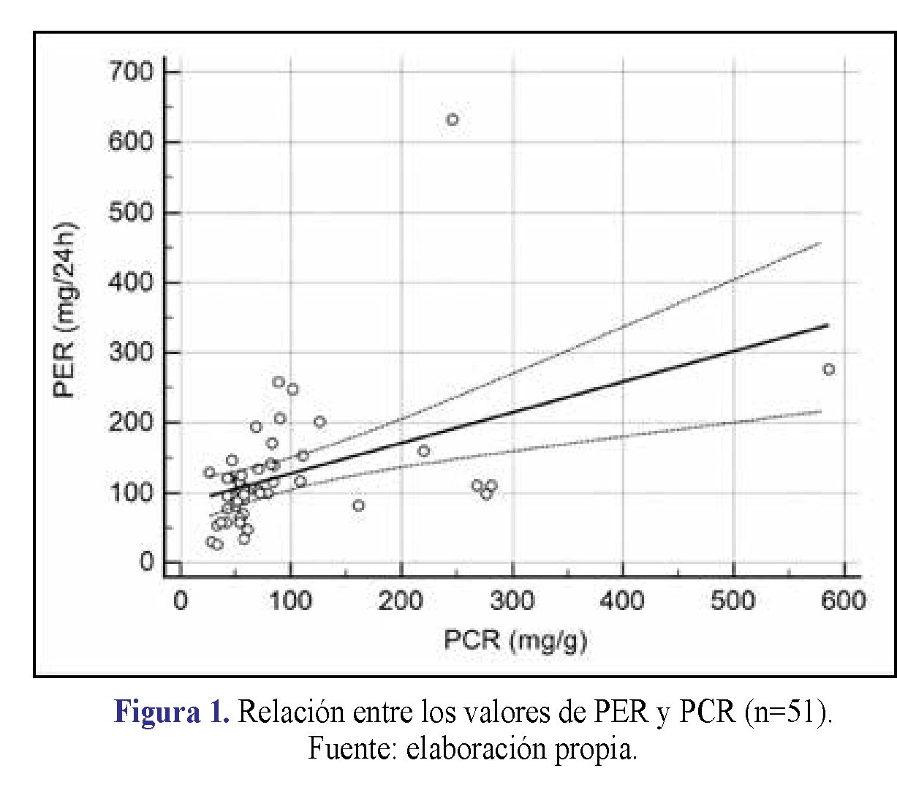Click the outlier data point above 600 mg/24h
tap(453, 119)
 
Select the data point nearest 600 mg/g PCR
tap(828, 369)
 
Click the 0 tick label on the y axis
tap(147, 563)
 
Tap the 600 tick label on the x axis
tap(844, 601)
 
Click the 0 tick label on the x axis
tap(180, 601)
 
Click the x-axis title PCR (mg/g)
tap(515, 640)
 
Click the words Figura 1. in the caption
tap(172, 712)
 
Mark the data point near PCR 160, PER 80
tap(358, 505)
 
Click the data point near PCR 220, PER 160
tap(423, 451)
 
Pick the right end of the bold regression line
tap(828, 324)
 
